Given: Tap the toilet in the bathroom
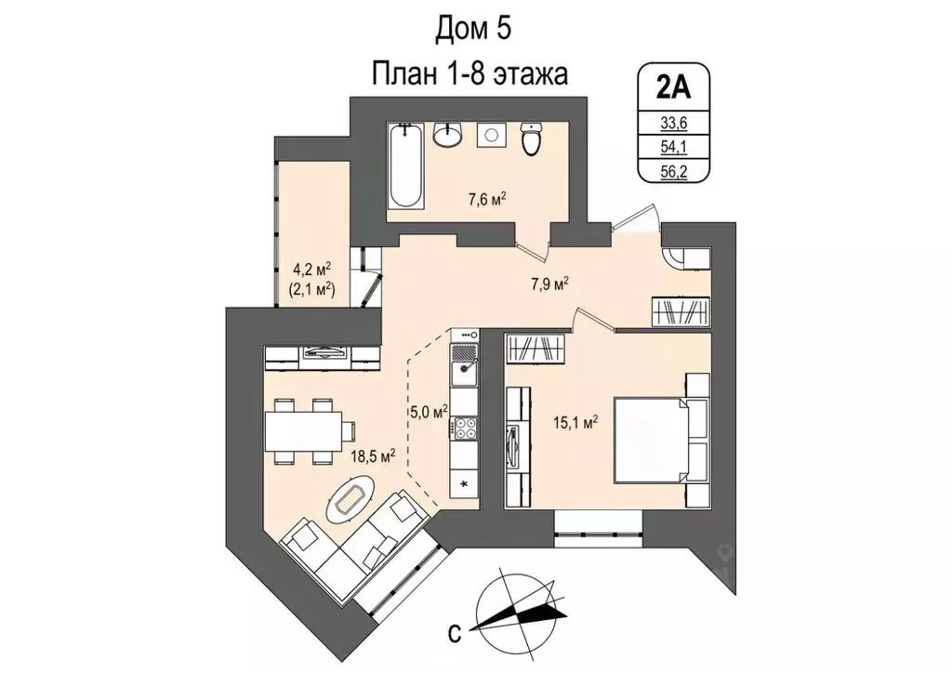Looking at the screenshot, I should click(532, 140).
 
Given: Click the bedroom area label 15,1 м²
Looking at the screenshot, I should click(576, 421).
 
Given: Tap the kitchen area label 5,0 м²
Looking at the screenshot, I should click(430, 410).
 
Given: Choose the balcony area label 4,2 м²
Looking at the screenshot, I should click(312, 270).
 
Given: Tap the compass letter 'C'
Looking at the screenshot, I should click(455, 634).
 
